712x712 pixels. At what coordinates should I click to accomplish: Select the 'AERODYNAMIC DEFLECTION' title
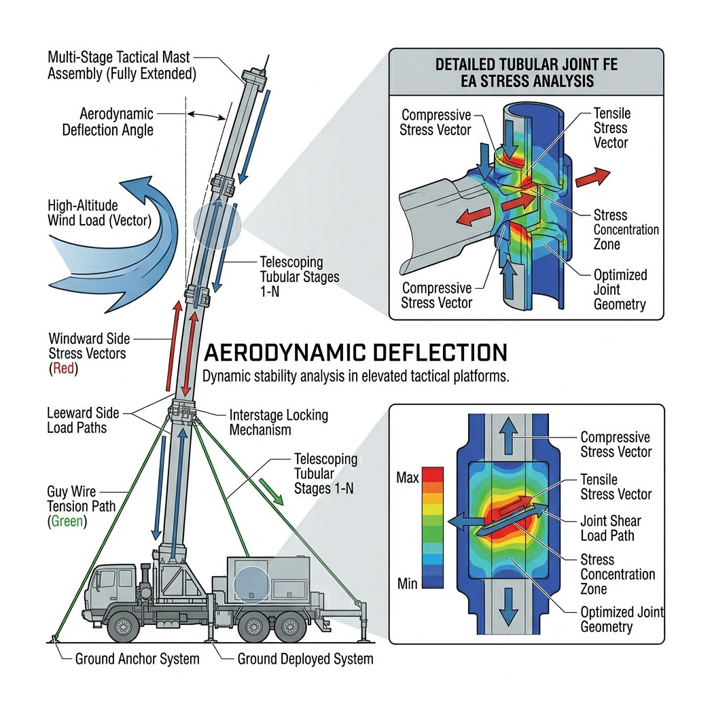tap(355, 353)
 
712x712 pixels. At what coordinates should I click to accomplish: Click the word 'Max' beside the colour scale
tap(407, 479)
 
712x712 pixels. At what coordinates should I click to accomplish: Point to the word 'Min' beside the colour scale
tap(407, 582)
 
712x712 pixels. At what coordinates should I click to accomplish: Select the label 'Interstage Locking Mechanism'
tap(279, 422)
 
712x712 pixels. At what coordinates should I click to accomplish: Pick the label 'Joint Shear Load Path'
tap(610, 528)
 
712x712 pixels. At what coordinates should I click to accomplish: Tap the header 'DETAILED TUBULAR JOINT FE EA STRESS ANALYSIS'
tap(524, 73)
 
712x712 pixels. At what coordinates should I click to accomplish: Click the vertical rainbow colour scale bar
tap(432, 527)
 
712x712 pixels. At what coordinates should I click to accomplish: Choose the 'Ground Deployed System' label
tap(305, 658)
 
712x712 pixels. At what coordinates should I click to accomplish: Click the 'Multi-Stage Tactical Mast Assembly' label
tap(122, 66)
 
